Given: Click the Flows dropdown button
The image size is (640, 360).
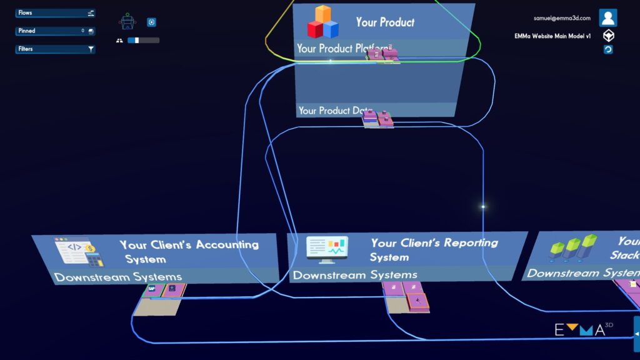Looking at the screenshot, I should [55, 12].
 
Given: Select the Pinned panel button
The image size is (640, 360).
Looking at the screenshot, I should [55, 31].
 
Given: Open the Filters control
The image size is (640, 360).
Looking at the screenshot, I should [50, 49].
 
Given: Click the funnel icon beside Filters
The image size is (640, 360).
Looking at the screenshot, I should [91, 49].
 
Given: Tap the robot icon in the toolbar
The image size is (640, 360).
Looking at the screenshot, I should [127, 22].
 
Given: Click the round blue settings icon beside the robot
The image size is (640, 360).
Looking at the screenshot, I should [151, 22].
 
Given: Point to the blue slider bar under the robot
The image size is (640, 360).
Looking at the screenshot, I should [143, 40].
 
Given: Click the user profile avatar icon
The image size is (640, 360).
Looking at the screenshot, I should [608, 17].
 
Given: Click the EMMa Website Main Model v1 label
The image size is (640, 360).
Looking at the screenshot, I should [552, 36].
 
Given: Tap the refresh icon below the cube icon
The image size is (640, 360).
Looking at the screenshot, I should [608, 49].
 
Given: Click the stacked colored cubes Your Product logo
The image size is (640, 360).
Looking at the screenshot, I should [322, 22].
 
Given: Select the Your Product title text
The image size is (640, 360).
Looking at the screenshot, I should [385, 22].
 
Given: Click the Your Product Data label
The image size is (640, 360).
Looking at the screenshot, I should [334, 111].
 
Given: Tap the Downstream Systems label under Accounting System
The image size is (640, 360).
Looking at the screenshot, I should [118, 277].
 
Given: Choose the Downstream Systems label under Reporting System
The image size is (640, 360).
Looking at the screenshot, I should [355, 275].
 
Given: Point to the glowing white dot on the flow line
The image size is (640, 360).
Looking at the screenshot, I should [482, 206].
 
